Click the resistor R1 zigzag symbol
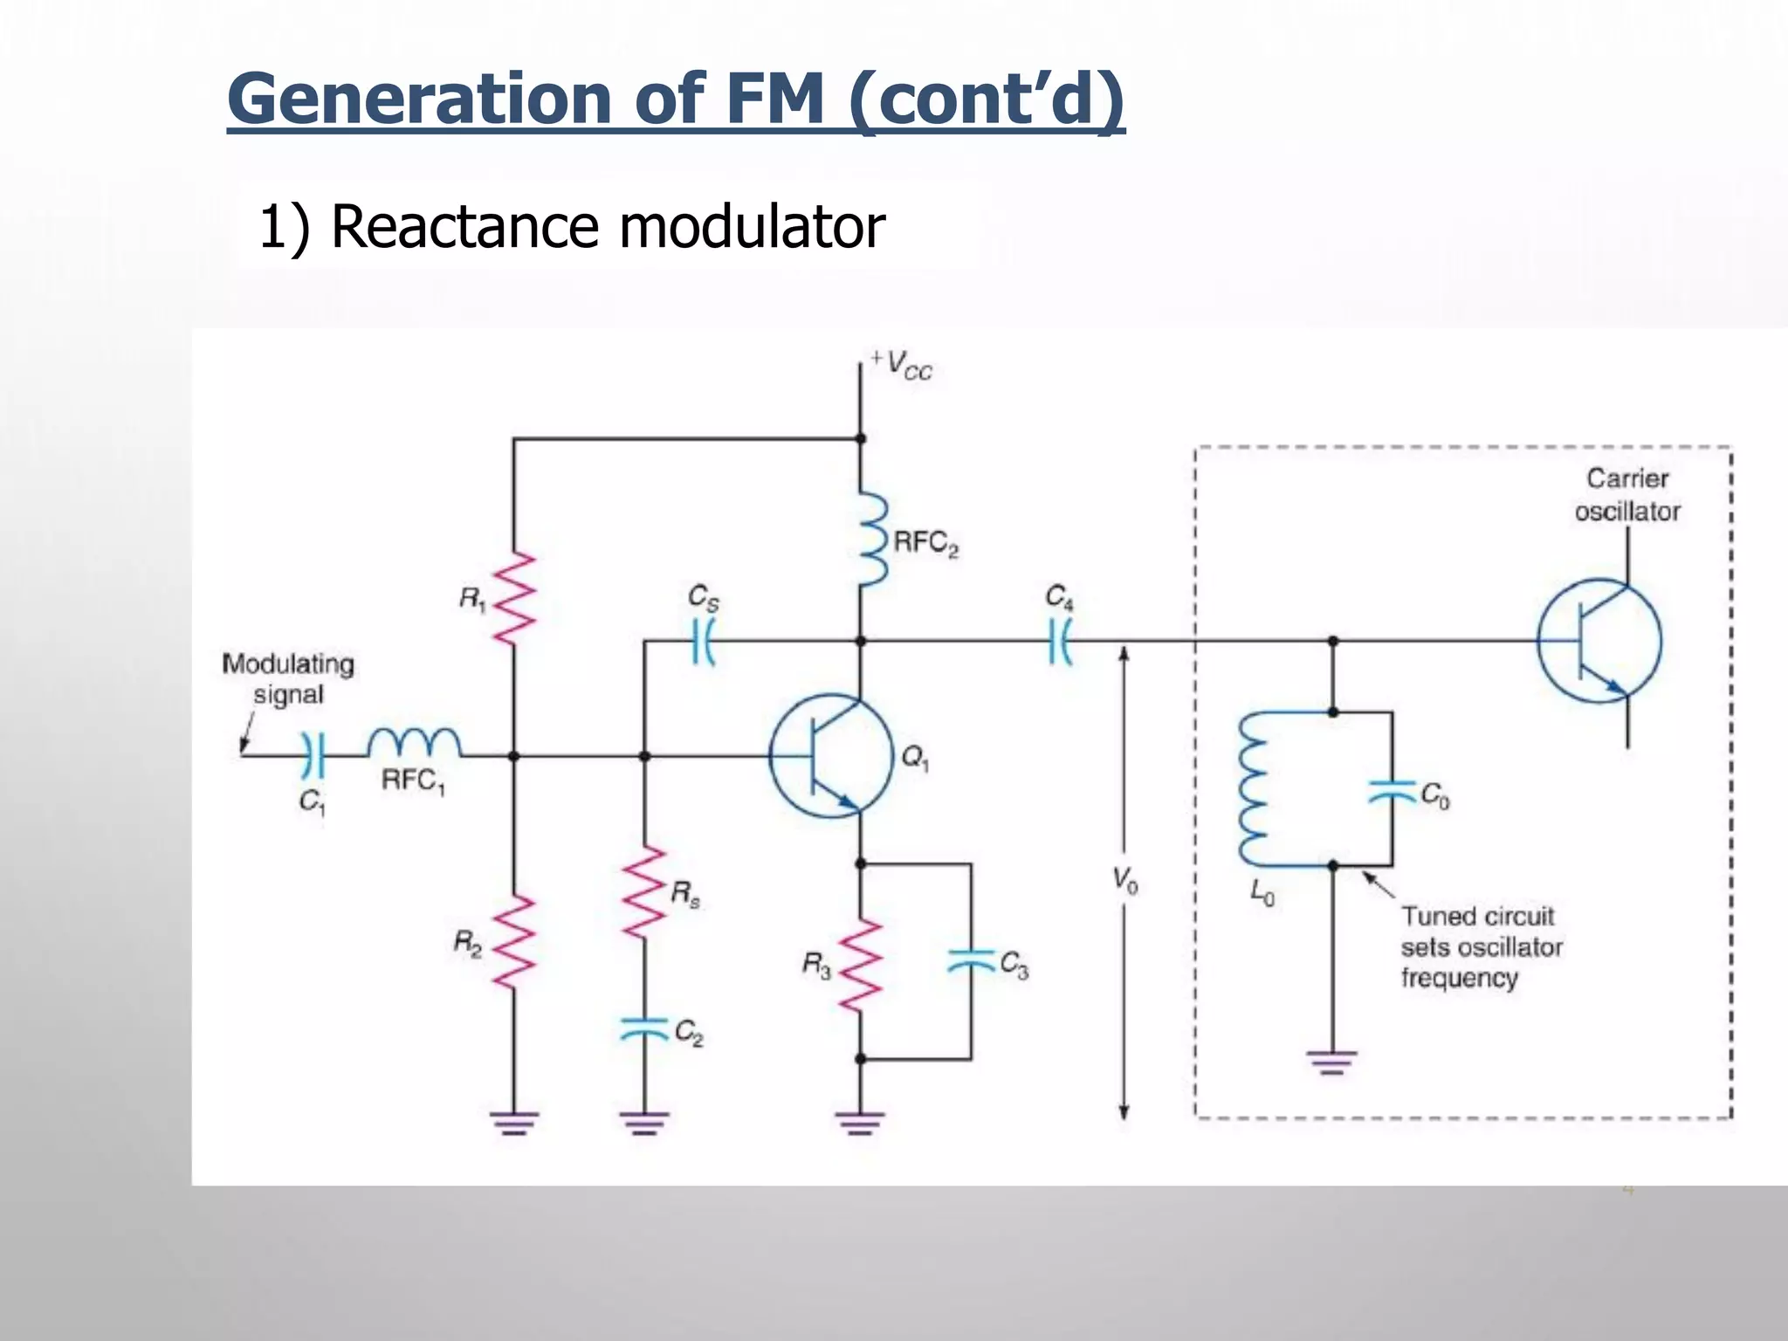coord(514,598)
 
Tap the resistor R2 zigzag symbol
coord(514,941)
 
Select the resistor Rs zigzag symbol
coord(645,892)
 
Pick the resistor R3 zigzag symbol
coord(860,965)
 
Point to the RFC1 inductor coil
coord(414,743)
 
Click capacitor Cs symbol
coord(704,642)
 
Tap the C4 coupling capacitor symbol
coord(1060,642)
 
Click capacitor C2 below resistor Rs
coord(644,1030)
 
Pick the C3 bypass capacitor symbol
coord(971,961)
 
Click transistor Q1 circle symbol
coord(831,756)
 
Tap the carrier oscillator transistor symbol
coord(1599,642)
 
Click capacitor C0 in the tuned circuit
coord(1393,791)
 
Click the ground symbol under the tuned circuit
coord(1332,1062)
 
